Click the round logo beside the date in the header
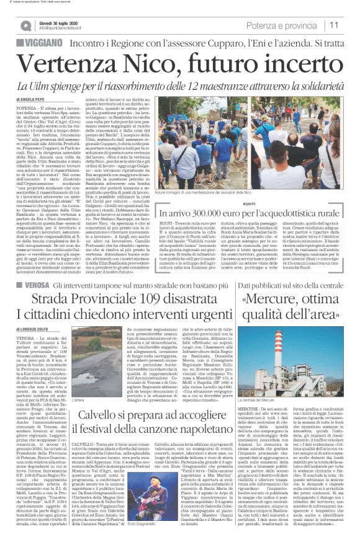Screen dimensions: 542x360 pyautogui.click(x=25, y=25)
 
